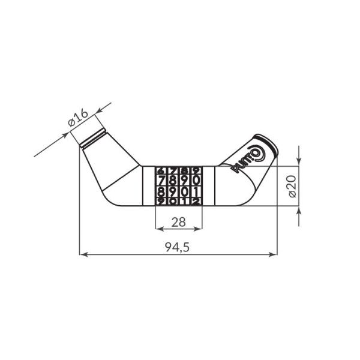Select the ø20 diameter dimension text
tap(292, 186)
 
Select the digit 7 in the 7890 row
tap(161, 181)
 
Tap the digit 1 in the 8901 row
tap(195, 192)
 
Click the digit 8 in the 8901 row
tap(161, 192)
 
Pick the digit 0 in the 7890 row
tap(195, 181)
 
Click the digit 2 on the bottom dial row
tap(195, 202)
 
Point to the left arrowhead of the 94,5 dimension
tap(83, 255)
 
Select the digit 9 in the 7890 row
tap(184, 181)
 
